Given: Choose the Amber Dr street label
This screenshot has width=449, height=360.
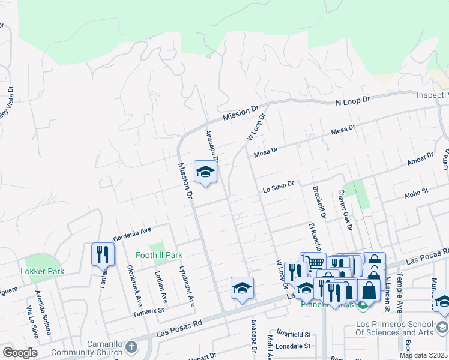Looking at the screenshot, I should (x=420, y=159).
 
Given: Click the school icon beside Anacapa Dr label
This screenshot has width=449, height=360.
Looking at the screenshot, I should (x=205, y=172).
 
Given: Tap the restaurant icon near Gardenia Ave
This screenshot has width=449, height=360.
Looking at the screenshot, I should (x=103, y=254).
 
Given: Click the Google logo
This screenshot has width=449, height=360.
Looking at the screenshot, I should (x=20, y=353).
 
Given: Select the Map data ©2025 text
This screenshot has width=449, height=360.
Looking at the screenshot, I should (x=424, y=355).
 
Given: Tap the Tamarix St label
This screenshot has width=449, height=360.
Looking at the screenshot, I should (x=148, y=311).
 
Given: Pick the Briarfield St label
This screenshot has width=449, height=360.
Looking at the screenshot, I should (x=294, y=334).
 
